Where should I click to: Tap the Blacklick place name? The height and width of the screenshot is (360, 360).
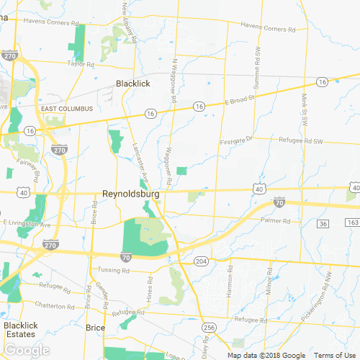point(133,84)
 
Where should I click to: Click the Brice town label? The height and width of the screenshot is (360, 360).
point(95,328)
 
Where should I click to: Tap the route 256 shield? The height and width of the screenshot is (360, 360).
point(210,328)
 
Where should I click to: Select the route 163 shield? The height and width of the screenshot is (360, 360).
point(352,224)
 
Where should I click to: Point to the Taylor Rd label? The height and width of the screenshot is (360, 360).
point(77,63)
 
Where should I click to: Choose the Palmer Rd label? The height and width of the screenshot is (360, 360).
point(274,220)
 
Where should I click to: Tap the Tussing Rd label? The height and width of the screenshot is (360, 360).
point(114,271)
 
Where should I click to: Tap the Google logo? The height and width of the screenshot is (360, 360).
point(25,350)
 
